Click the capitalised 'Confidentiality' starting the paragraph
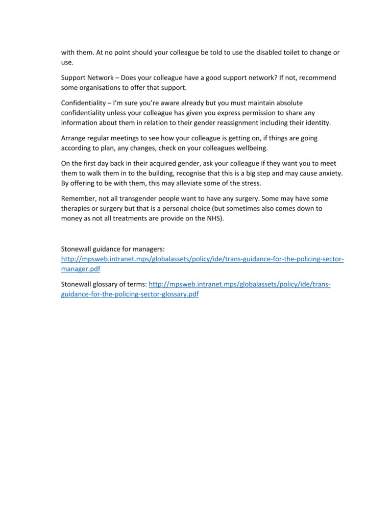pyautogui.click(x=83, y=103)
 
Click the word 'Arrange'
pyautogui.click(x=75, y=138)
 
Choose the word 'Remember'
pyautogui.click(x=79, y=198)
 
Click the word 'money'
pyautogui.click(x=72, y=218)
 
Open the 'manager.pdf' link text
pyautogui.click(x=81, y=269)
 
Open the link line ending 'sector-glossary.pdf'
pyautogui.click(x=130, y=294)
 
